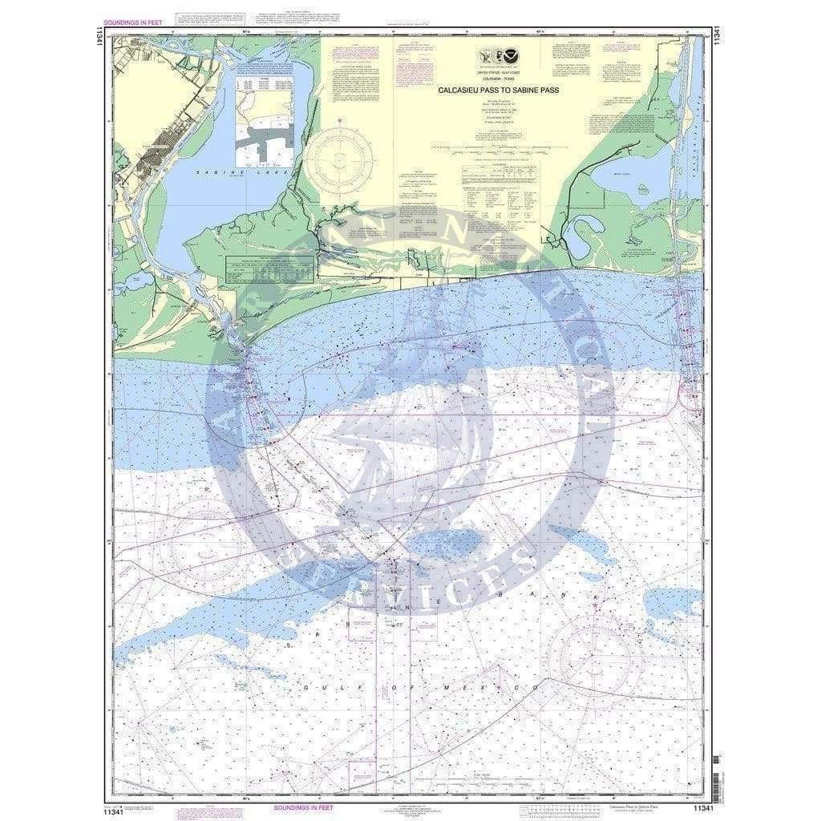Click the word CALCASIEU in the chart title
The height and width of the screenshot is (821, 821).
(459, 90)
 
